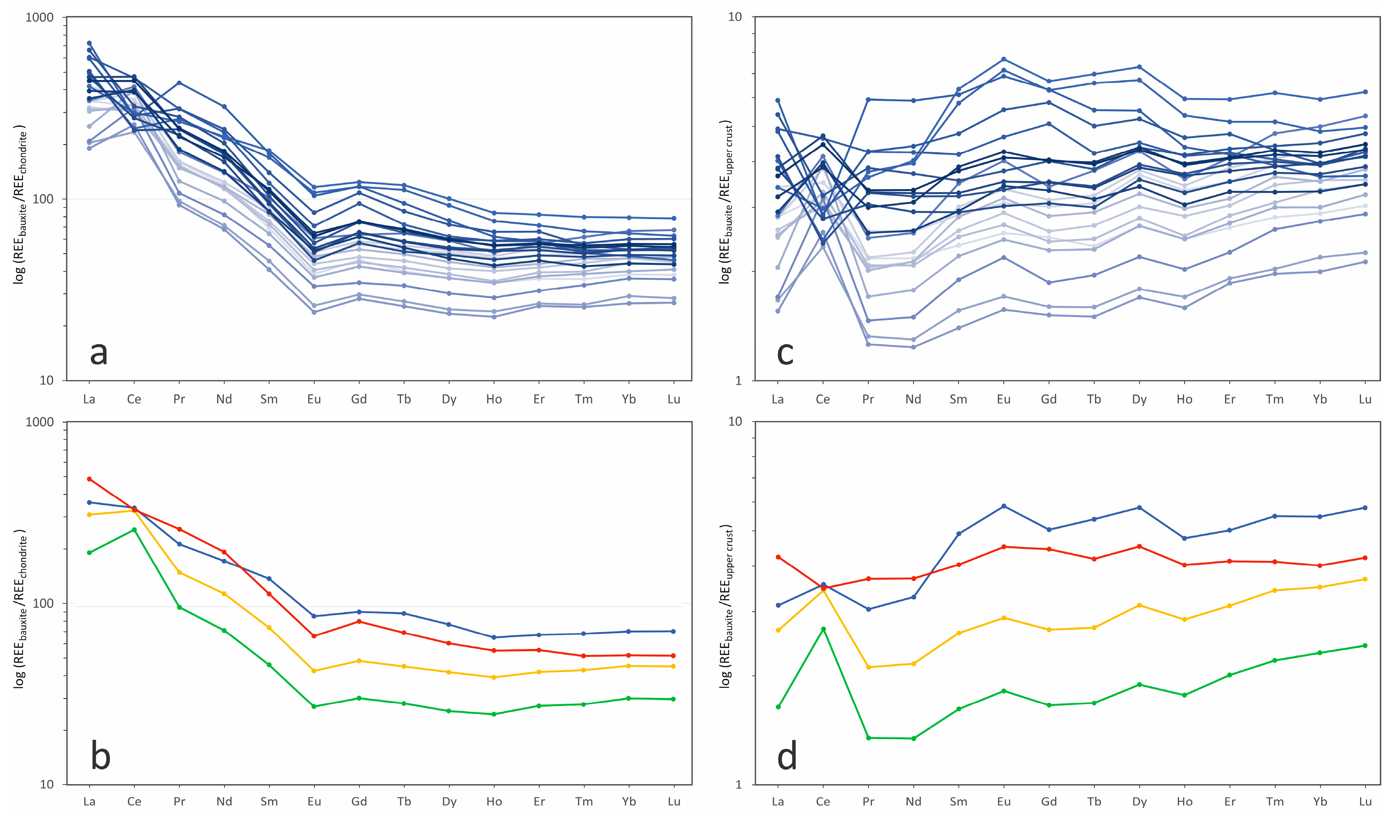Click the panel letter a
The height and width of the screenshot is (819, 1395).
(x=99, y=353)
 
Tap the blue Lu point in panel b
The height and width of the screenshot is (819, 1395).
(x=674, y=631)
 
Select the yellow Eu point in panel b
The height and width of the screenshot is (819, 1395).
(x=314, y=671)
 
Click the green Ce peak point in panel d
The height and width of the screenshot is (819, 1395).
(x=823, y=629)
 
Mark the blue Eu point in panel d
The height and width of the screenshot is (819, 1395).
(x=1003, y=506)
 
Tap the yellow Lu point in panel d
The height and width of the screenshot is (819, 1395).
(x=1365, y=579)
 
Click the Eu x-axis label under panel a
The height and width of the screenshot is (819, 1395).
(x=314, y=399)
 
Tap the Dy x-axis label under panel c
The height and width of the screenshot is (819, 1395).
(x=1139, y=399)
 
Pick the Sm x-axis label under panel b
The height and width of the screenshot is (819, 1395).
(x=269, y=801)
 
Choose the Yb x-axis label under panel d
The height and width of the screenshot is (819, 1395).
(x=1320, y=801)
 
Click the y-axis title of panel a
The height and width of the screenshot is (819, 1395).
(x=20, y=204)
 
